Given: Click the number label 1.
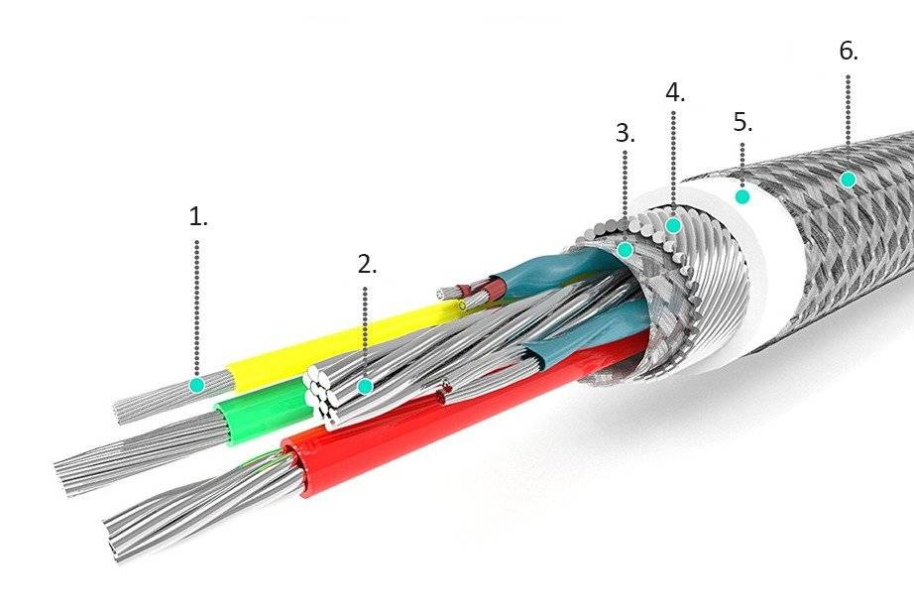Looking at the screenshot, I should tap(198, 217).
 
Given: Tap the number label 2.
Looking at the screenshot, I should tap(368, 265).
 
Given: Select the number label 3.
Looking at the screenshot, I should tap(625, 134).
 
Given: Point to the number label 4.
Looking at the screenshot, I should tap(674, 92).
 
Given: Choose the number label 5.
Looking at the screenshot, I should tap(743, 122).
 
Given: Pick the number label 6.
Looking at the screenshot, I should tap(848, 52).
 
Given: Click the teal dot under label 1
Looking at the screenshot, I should tap(197, 384).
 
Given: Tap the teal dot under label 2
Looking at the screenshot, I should tap(366, 385).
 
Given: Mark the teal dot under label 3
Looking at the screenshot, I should tap(625, 250).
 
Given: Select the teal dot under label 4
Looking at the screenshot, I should tap(673, 225).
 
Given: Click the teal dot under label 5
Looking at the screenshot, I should tap(743, 195).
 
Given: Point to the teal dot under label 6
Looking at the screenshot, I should tap(848, 180).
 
